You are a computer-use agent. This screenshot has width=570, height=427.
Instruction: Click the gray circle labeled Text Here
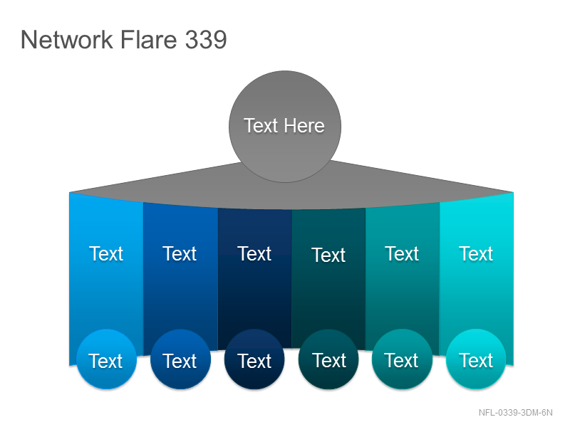coord(285,127)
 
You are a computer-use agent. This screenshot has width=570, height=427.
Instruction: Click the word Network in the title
coord(66,39)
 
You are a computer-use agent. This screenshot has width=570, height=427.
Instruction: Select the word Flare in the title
coord(148,39)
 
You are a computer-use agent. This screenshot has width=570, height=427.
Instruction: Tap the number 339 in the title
coord(206,39)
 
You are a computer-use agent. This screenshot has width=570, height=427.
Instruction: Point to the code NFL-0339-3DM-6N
coord(515,413)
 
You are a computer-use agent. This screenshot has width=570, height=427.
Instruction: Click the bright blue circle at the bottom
coord(106,359)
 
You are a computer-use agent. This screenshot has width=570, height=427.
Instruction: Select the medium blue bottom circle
coord(181,359)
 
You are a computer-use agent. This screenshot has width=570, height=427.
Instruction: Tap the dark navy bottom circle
coord(254,359)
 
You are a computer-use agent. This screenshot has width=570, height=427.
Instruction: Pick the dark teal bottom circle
coord(328,359)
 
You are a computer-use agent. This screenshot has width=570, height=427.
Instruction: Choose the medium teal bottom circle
coord(402,359)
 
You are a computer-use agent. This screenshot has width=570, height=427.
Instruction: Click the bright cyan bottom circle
coord(476,359)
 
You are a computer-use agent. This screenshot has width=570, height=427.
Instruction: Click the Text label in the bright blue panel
coord(106,253)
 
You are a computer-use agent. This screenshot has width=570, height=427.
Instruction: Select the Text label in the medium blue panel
coord(180,253)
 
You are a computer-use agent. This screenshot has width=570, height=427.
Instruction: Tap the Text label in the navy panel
coord(254,253)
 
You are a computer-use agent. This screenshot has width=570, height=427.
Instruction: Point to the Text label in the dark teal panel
coord(328,255)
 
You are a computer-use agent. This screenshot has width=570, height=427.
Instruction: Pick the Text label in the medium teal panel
coord(402,253)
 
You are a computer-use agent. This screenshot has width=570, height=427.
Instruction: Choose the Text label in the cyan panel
coord(476,253)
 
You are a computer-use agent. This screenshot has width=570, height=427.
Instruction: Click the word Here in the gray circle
coord(304,126)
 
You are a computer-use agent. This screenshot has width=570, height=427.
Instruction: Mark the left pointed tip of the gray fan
coord(70,192)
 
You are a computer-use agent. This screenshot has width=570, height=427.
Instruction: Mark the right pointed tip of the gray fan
coord(513,192)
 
